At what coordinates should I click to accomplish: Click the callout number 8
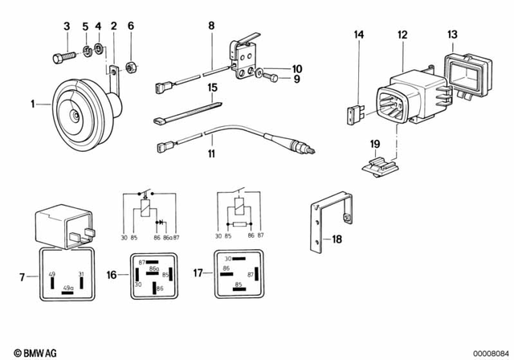pyautogui.click(x=210, y=27)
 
